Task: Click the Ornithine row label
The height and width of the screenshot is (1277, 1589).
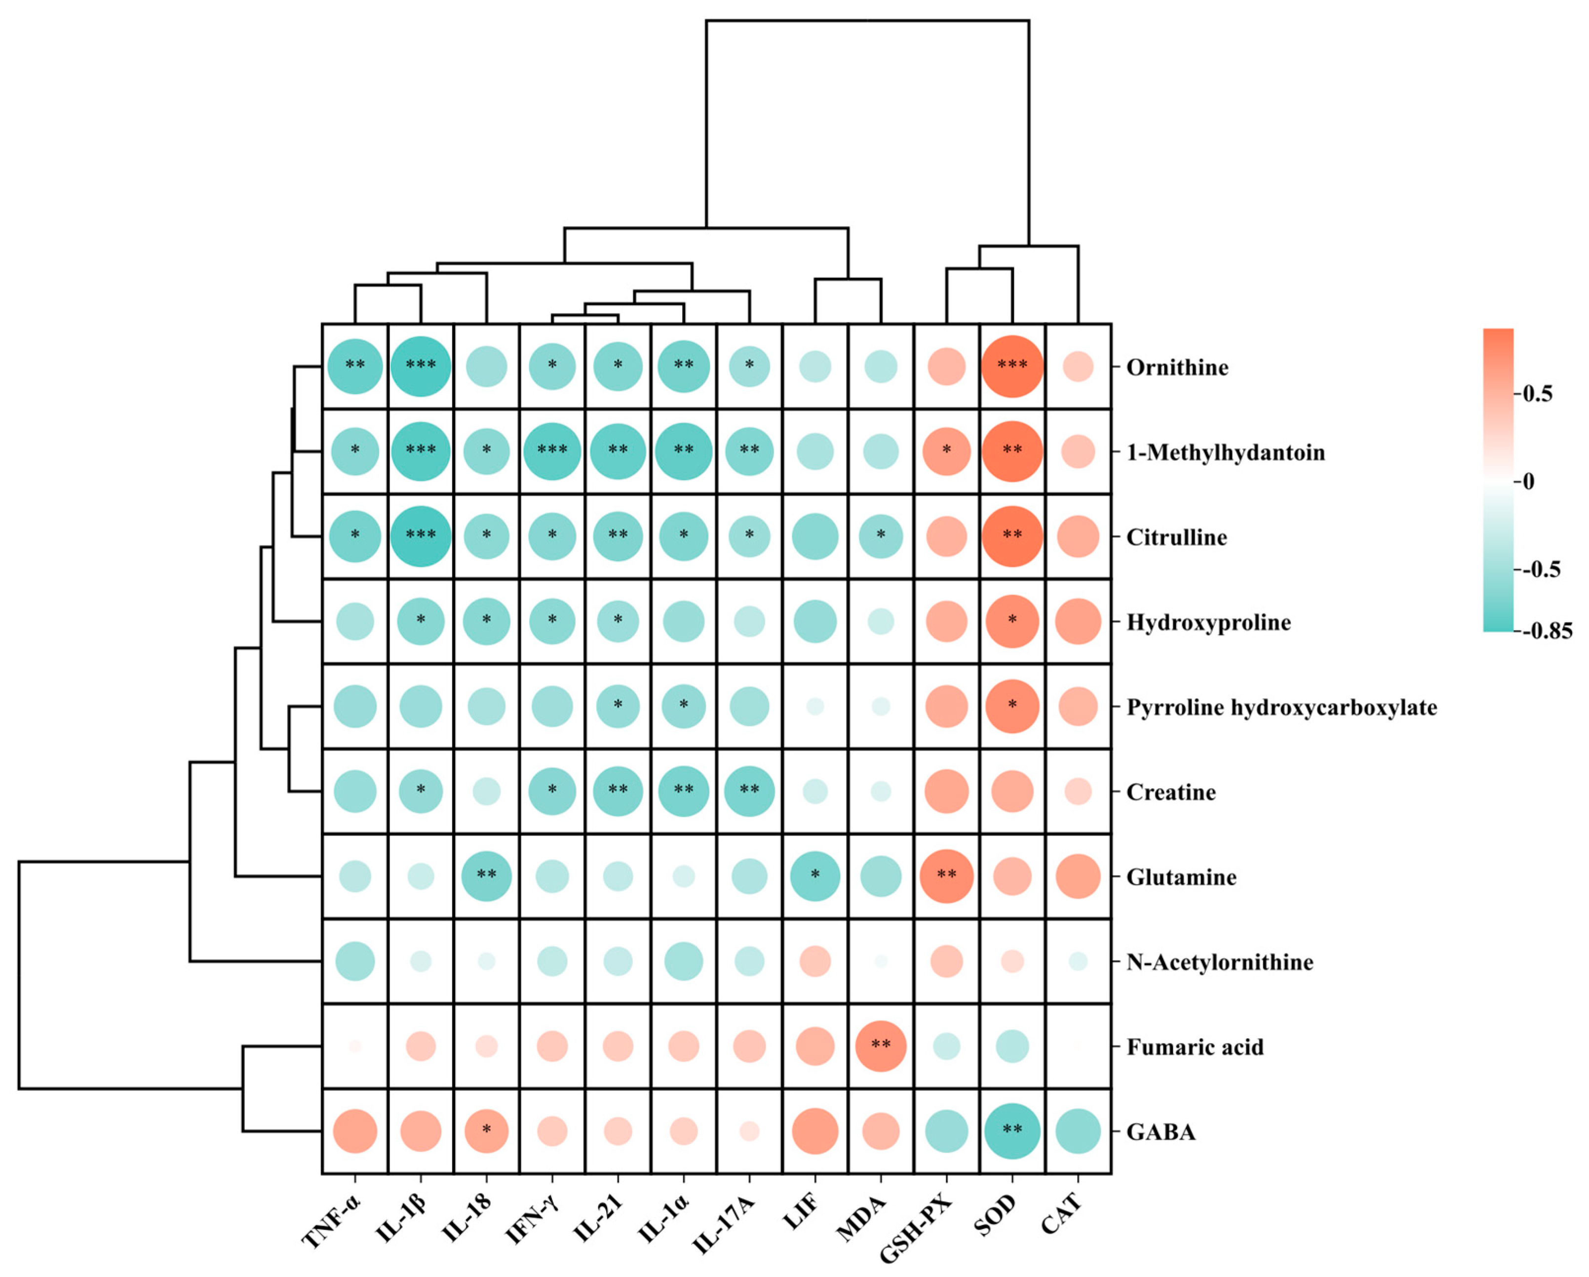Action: (1177, 367)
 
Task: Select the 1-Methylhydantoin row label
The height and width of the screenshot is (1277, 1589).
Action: (1225, 452)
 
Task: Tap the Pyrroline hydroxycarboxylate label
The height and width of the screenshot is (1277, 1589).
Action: (1281, 707)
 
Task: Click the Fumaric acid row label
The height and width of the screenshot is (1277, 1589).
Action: (1195, 1047)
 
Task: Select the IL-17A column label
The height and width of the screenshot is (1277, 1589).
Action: (726, 1224)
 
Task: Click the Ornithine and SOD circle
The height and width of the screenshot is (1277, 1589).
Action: (1012, 366)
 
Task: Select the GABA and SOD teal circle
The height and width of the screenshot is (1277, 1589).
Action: (1012, 1131)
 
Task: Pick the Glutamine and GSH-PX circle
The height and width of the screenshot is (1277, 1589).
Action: (946, 877)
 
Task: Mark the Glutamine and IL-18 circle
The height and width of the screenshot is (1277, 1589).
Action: (486, 877)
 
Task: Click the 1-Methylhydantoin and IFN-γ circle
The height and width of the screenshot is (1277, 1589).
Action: (552, 451)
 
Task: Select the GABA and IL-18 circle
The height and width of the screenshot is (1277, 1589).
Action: (486, 1131)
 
